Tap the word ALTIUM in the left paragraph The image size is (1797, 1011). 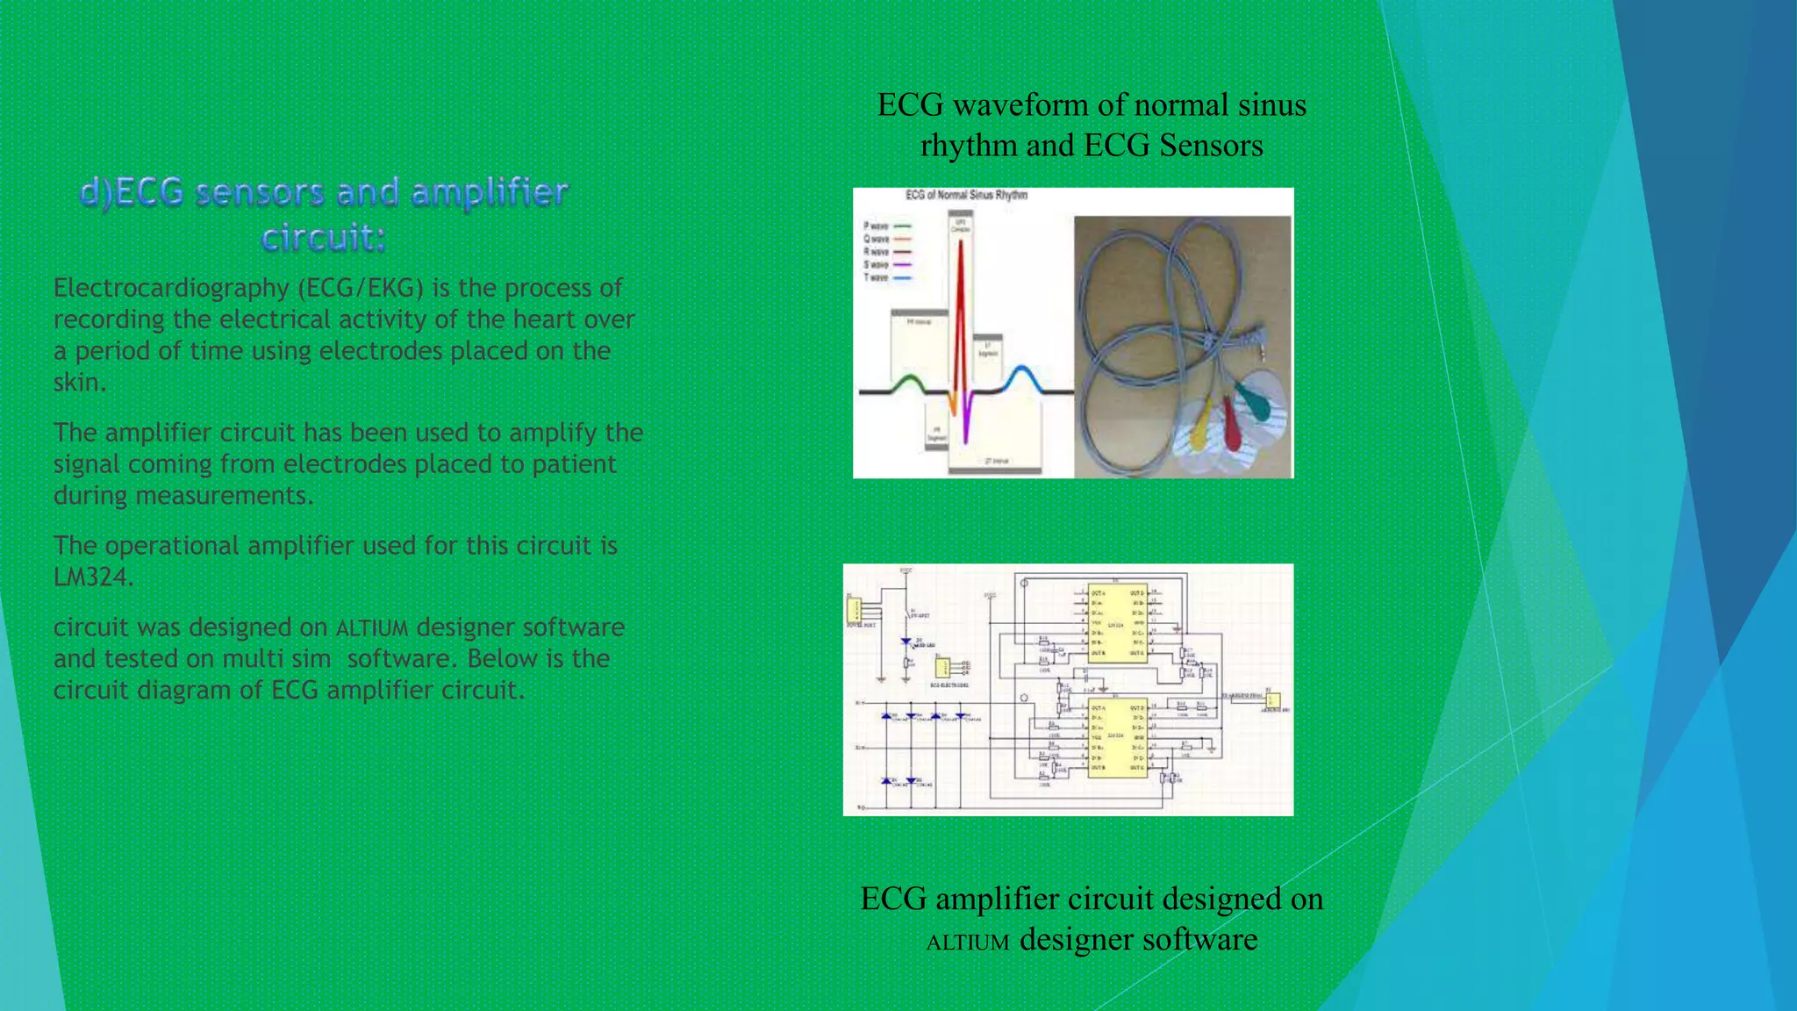tap(372, 628)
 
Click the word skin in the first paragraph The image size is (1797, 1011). tap(77, 383)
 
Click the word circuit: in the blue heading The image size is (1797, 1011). tap(324, 238)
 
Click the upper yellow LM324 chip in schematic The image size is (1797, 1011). tap(1116, 622)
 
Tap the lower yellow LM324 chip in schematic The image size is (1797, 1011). tap(1116, 738)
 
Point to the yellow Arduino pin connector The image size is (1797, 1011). tap(1273, 699)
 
